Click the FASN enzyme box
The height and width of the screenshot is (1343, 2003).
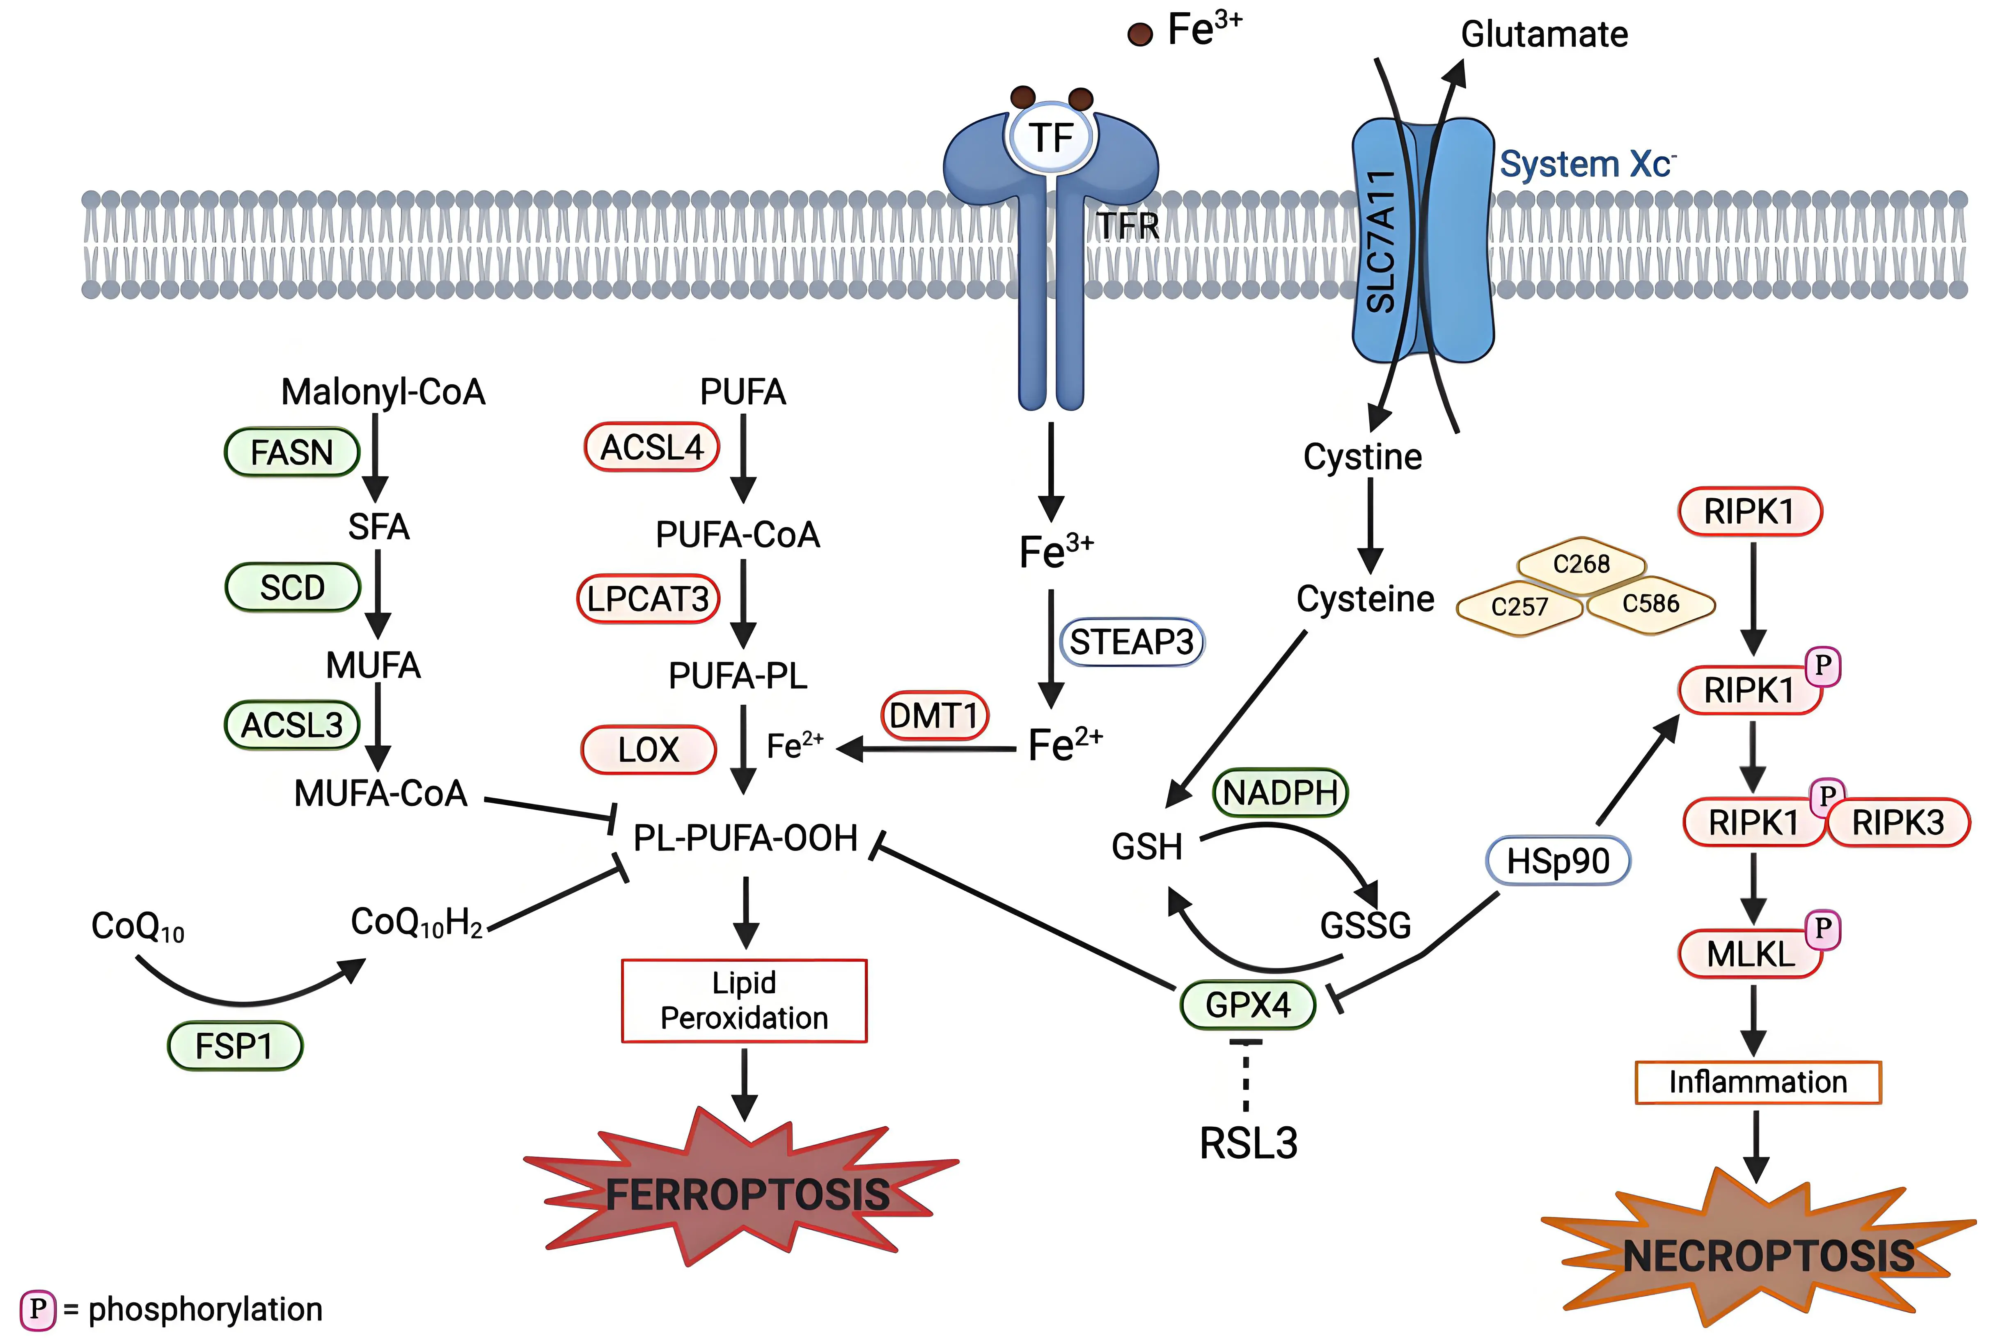[291, 452]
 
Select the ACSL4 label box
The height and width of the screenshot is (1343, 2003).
[652, 447]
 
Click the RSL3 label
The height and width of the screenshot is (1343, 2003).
[1248, 1144]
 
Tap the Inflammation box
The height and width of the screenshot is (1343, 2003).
[1757, 1082]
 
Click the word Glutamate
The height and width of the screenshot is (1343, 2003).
[1544, 34]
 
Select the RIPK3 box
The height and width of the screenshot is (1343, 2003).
[1898, 822]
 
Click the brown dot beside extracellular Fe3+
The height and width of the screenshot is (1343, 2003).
[1139, 34]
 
